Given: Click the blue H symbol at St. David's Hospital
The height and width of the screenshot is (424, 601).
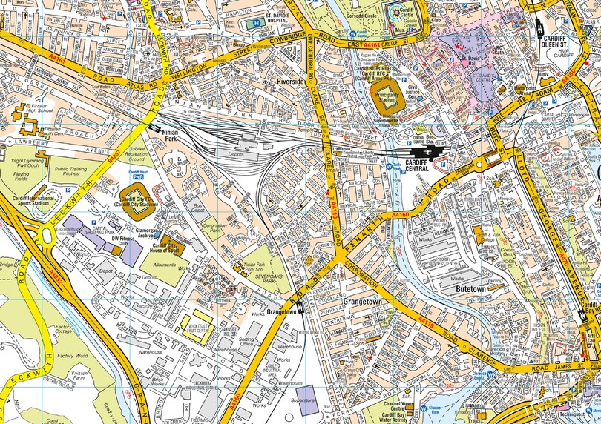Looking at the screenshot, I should click(x=257, y=23).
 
